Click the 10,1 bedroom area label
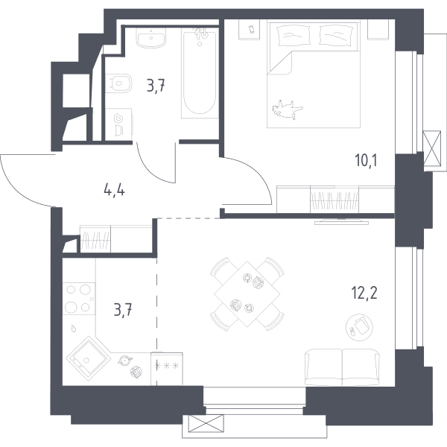[366, 161]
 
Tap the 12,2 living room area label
[365, 293]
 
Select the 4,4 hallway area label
[114, 191]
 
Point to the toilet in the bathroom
[119, 83]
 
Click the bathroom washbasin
[150, 38]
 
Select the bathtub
[200, 74]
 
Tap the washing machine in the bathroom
[118, 124]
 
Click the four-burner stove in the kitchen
[79, 299]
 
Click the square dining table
[247, 294]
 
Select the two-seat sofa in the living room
[342, 367]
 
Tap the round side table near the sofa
[359, 327]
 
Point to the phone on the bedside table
[252, 29]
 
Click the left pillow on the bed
[294, 35]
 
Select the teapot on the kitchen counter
[125, 360]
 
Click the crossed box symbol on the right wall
[432, 148]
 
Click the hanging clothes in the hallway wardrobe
[95, 238]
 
